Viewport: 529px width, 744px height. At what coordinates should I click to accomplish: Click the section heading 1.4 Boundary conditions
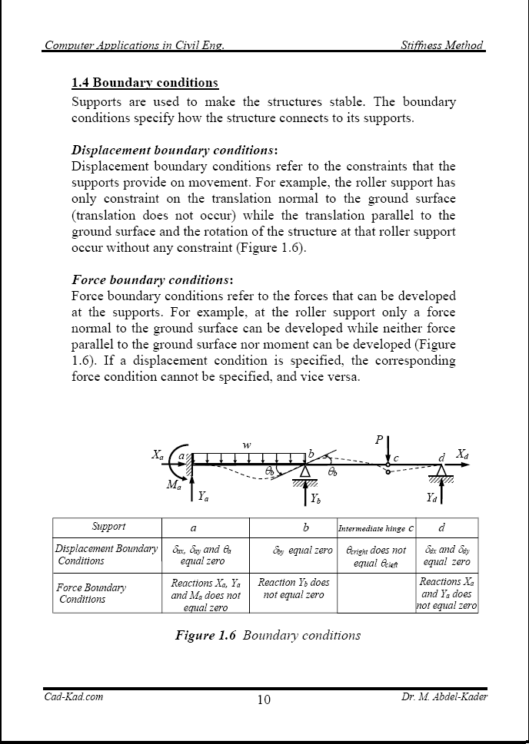tap(145, 82)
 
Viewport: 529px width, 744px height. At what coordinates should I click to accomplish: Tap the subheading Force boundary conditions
tap(151, 279)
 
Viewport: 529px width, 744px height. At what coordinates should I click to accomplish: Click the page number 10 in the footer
tap(264, 699)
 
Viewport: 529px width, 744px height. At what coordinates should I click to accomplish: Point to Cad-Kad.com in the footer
tap(73, 696)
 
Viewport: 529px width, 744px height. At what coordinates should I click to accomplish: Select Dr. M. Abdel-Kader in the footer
tap(444, 696)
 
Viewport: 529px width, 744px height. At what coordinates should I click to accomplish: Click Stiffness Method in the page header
tap(442, 45)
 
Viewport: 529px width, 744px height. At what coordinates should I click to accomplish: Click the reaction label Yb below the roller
tap(316, 498)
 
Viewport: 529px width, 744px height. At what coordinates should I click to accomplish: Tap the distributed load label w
tap(247, 445)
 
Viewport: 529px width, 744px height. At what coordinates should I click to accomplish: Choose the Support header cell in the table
tap(108, 527)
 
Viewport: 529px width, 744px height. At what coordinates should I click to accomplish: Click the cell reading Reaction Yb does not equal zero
tap(294, 589)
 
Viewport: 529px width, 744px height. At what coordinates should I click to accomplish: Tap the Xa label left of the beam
tap(158, 455)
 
